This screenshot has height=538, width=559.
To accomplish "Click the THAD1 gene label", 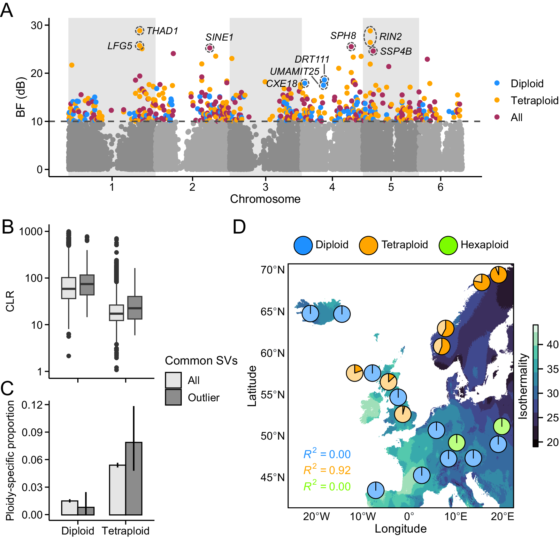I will point(162,31).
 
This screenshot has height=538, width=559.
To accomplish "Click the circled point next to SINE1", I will point(210,48).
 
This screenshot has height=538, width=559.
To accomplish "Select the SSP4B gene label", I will point(396,51).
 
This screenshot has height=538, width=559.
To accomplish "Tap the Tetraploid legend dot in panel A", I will point(497,100).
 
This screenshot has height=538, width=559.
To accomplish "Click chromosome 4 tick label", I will point(332,187).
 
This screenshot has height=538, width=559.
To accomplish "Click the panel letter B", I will point(8,227).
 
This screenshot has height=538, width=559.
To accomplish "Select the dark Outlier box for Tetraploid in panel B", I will point(135,307).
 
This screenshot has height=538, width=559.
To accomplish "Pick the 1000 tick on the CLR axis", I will point(31,231).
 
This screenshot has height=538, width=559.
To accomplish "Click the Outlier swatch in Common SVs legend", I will point(173,397).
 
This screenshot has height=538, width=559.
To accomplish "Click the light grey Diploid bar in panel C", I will point(70,508).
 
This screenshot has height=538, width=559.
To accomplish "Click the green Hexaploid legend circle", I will point(448,245).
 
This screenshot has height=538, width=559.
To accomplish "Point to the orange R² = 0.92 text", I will point(327,470).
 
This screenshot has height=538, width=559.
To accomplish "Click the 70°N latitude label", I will point(272,270).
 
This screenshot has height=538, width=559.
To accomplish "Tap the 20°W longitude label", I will point(316,517).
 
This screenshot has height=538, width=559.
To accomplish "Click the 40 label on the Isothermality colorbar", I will point(553,344).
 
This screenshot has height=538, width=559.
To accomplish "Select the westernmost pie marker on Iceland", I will point(310,314).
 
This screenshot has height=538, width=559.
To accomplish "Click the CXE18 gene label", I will point(282,84).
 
